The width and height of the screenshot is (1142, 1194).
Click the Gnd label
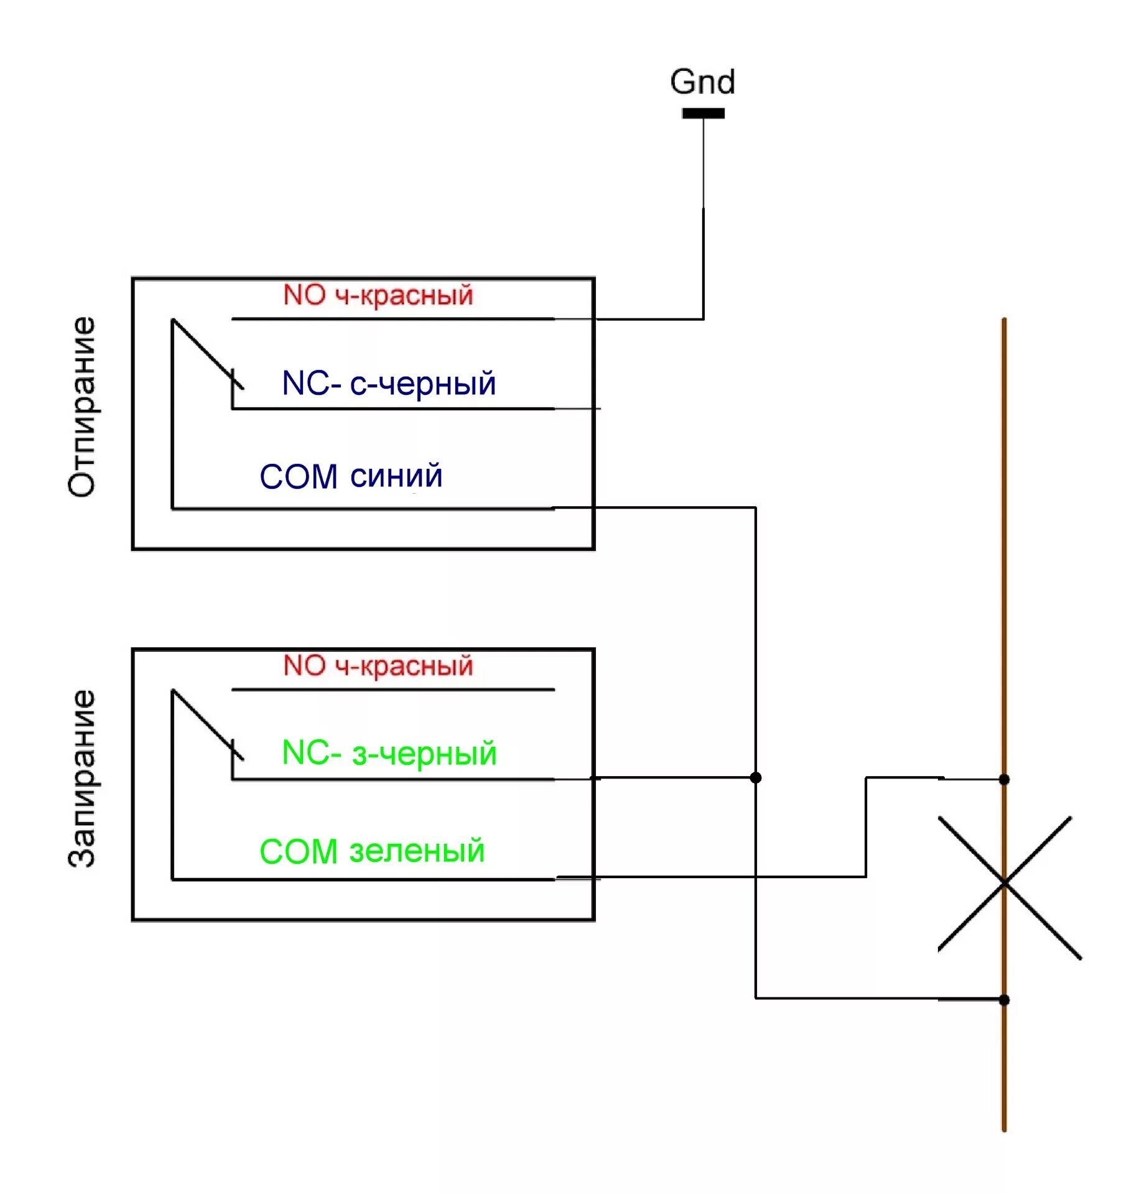[702, 82]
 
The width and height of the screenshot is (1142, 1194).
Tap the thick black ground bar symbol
[703, 113]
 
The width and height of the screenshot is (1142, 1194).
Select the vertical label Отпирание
[82, 407]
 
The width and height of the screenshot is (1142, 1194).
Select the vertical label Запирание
[82, 778]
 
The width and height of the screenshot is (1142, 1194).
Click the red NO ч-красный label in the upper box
[378, 295]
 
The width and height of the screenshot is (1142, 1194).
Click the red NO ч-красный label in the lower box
[378, 666]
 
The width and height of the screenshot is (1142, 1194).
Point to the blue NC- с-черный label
[389, 383]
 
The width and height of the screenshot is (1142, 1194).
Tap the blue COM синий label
[351, 476]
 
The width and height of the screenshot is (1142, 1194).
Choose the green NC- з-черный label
[389, 753]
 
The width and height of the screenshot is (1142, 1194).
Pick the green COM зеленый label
[371, 851]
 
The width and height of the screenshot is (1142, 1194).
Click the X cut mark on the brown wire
[1004, 883]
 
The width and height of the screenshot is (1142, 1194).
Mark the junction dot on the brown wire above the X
[1004, 779]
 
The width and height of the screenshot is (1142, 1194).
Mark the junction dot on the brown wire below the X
[1004, 1000]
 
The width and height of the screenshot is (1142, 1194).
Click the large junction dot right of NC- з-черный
[756, 777]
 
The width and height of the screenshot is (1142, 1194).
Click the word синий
[396, 476]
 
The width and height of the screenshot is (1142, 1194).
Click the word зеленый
[417, 851]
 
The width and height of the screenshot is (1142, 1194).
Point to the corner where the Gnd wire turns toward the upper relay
[703, 319]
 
